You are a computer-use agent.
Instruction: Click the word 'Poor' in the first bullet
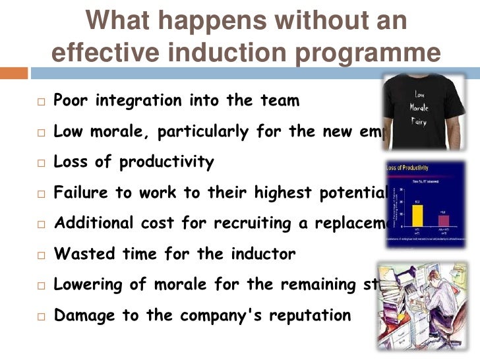click(x=71, y=101)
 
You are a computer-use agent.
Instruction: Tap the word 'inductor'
click(x=260, y=254)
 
